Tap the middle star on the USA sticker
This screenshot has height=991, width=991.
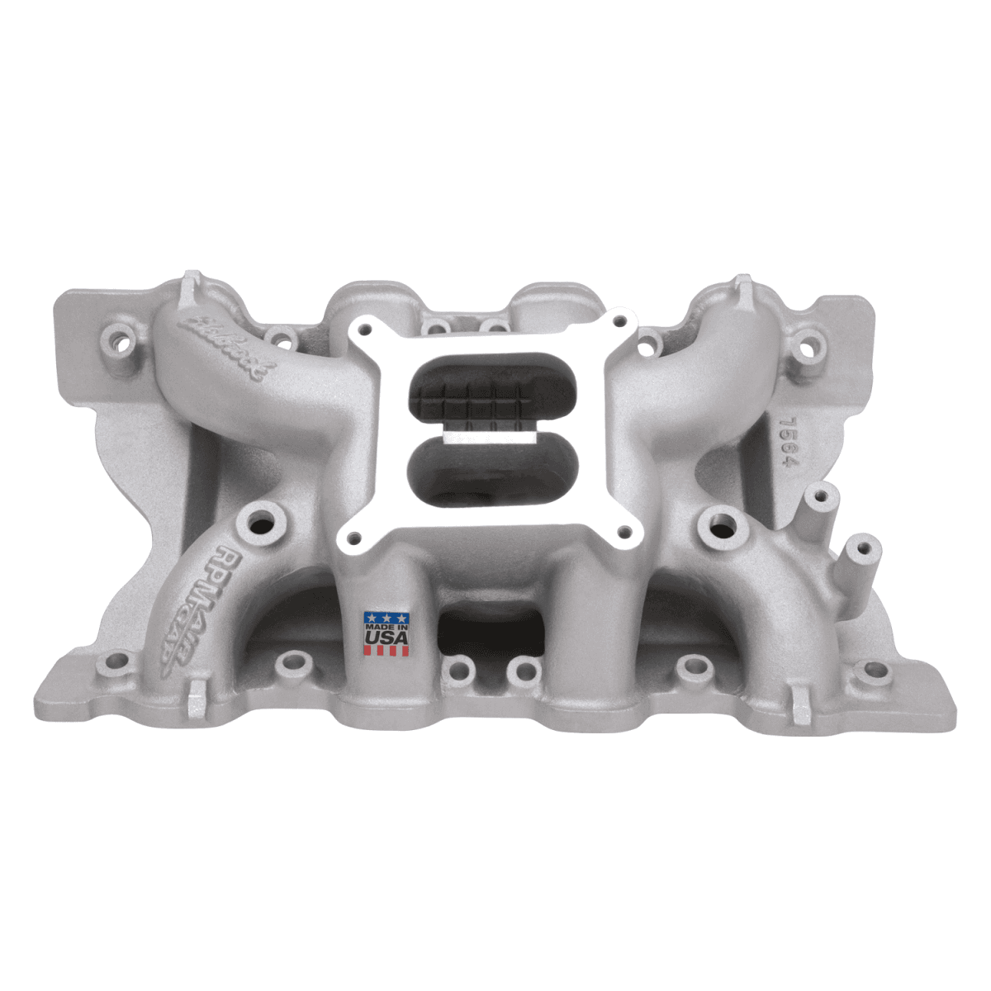point(386,617)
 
